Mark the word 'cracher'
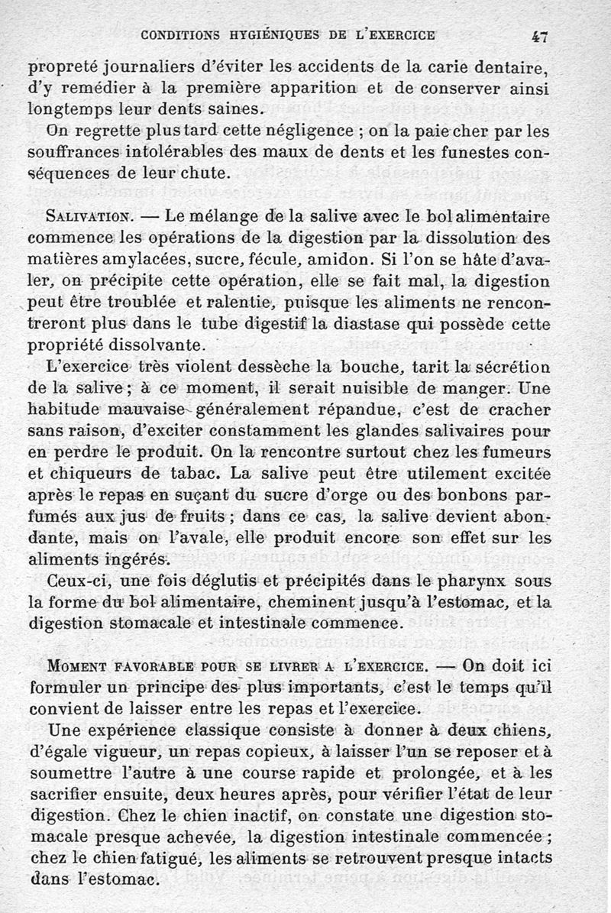click(512, 408)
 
